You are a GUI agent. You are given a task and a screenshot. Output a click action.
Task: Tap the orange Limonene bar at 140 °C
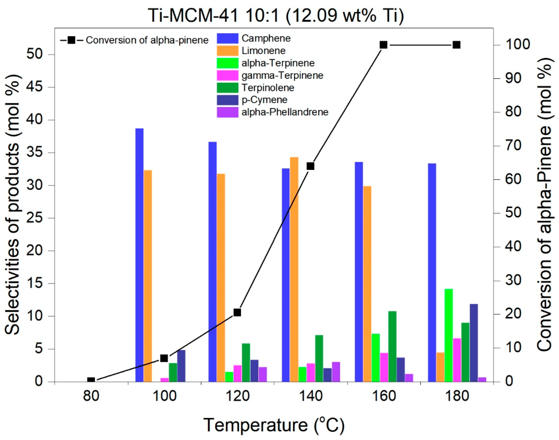[294, 269]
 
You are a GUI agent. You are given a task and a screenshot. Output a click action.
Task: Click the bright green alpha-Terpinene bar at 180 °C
[448, 335]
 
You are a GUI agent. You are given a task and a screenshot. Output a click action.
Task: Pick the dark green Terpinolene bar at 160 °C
[392, 346]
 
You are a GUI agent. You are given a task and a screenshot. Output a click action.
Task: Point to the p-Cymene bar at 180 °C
[474, 343]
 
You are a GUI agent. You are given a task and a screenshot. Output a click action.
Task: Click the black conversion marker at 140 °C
[310, 166]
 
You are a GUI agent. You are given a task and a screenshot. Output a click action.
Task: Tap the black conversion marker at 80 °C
[91, 380]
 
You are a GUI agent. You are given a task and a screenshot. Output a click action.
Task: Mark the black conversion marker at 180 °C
[457, 45]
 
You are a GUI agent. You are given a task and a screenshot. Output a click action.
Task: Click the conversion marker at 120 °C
[237, 312]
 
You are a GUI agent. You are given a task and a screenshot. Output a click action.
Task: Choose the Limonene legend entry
[263, 51]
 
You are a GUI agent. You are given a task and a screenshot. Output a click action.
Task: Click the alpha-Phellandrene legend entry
[285, 112]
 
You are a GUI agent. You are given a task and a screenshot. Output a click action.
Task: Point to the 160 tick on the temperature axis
[384, 396]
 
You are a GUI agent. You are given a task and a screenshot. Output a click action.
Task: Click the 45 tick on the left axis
[35, 87]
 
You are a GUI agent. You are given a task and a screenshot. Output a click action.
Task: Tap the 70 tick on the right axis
[513, 146]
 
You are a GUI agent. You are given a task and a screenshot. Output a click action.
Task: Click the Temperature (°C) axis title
[274, 425]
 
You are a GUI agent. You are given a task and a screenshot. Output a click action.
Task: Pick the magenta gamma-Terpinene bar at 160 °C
[384, 367]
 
